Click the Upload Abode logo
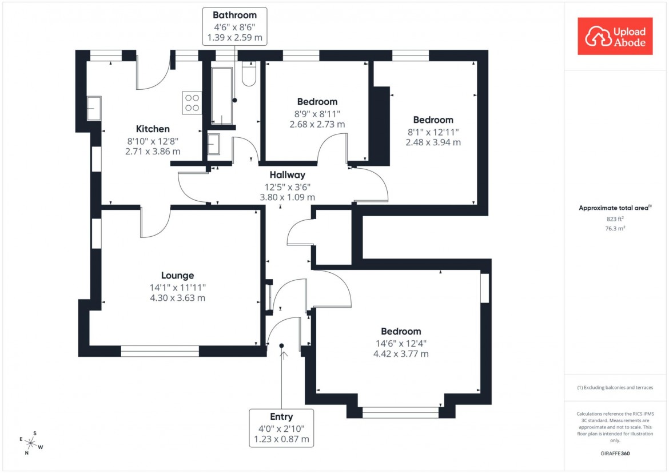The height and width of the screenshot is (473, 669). [615, 36]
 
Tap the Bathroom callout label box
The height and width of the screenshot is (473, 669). [234, 26]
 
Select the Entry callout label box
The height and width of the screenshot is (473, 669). [281, 428]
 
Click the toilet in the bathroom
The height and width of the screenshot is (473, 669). [249, 75]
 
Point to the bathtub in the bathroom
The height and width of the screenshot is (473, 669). [222, 96]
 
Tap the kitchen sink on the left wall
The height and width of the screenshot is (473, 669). [94, 108]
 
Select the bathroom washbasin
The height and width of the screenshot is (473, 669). [214, 144]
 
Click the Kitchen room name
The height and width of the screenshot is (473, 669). [153, 129]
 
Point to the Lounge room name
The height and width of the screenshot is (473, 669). [177, 275]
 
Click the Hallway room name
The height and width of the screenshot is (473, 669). [288, 175]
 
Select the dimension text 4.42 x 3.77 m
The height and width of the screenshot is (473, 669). [401, 354]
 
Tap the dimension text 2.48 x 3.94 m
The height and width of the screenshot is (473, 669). [433, 142]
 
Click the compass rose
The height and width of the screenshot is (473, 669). [31, 443]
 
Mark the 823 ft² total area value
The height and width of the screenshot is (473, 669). [615, 219]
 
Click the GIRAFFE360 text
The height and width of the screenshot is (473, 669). [615, 454]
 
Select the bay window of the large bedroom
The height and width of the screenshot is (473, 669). [400, 412]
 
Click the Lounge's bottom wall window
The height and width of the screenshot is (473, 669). [160, 351]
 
